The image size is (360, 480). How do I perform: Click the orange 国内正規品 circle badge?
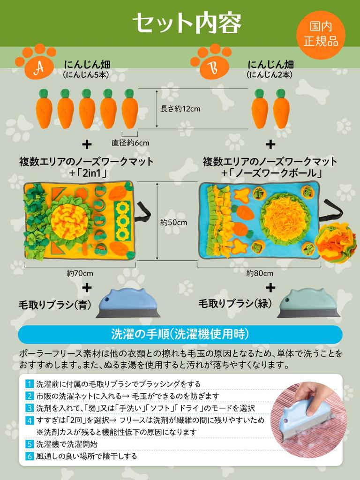tap(321, 35)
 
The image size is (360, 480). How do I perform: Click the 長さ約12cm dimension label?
tap(180, 109)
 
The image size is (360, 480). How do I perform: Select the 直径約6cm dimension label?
tap(130, 142)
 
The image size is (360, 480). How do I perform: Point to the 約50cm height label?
tap(173, 222)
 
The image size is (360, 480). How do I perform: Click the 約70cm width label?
tap(80, 273)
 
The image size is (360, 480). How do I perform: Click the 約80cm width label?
tap(260, 273)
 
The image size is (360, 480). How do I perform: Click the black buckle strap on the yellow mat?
tap(143, 213)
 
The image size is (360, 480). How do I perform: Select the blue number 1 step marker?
tap(30, 384)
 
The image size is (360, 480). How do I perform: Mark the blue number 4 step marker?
tap(30, 420)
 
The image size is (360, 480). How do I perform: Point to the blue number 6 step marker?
tap(30, 456)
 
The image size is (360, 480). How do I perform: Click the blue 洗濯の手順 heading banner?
tap(180, 334)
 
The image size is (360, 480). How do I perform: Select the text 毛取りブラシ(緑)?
tap(235, 303)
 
